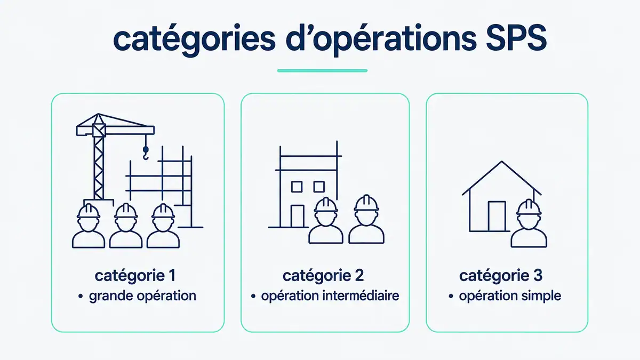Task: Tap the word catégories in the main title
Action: pos(194,40)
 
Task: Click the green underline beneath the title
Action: pos(322,70)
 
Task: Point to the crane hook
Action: pos(146,153)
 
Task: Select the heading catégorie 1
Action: pos(135,276)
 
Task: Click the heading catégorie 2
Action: pos(323,276)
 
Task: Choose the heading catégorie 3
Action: pos(501,276)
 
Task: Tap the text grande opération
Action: pos(142,296)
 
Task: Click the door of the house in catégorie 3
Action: pos(497,217)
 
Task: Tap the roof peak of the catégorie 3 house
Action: pos(502,162)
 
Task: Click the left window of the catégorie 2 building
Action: pos(297,187)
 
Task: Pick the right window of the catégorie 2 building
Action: pos(319,187)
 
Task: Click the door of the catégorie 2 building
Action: pos(298,216)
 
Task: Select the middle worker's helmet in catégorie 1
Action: pos(126,211)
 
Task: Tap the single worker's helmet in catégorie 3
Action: pos(529,207)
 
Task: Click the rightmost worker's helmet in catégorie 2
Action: pos(366,203)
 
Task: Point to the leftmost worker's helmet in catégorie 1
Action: pos(89,211)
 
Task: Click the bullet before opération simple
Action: pos(451,296)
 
